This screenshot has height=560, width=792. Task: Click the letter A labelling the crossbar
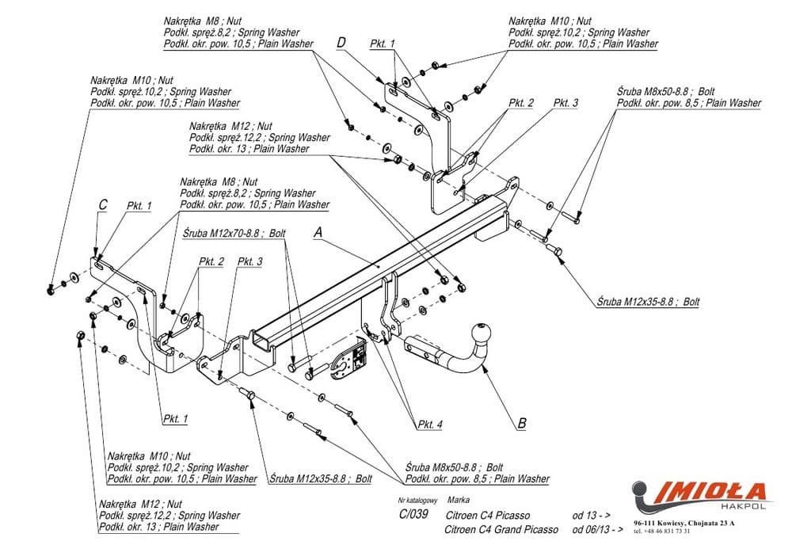coord(318,233)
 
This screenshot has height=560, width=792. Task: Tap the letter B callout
coord(521,424)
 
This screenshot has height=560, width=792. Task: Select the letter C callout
coord(102,205)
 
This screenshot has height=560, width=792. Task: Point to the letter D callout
coord(341,42)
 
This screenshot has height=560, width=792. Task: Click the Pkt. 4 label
coord(430,425)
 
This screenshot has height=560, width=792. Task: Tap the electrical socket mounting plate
coord(349,363)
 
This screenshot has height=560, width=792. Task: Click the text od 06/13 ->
coord(603,529)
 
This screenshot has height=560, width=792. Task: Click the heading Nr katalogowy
coord(417,501)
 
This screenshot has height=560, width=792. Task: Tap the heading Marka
coord(458,501)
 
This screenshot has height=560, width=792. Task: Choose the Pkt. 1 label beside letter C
coord(139,206)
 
